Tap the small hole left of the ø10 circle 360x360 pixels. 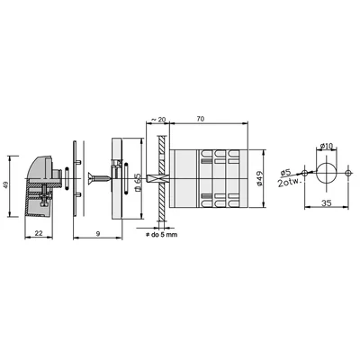(x=307, y=173)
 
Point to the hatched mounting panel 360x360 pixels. (x=158, y=175)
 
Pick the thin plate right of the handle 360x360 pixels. (x=76, y=180)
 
